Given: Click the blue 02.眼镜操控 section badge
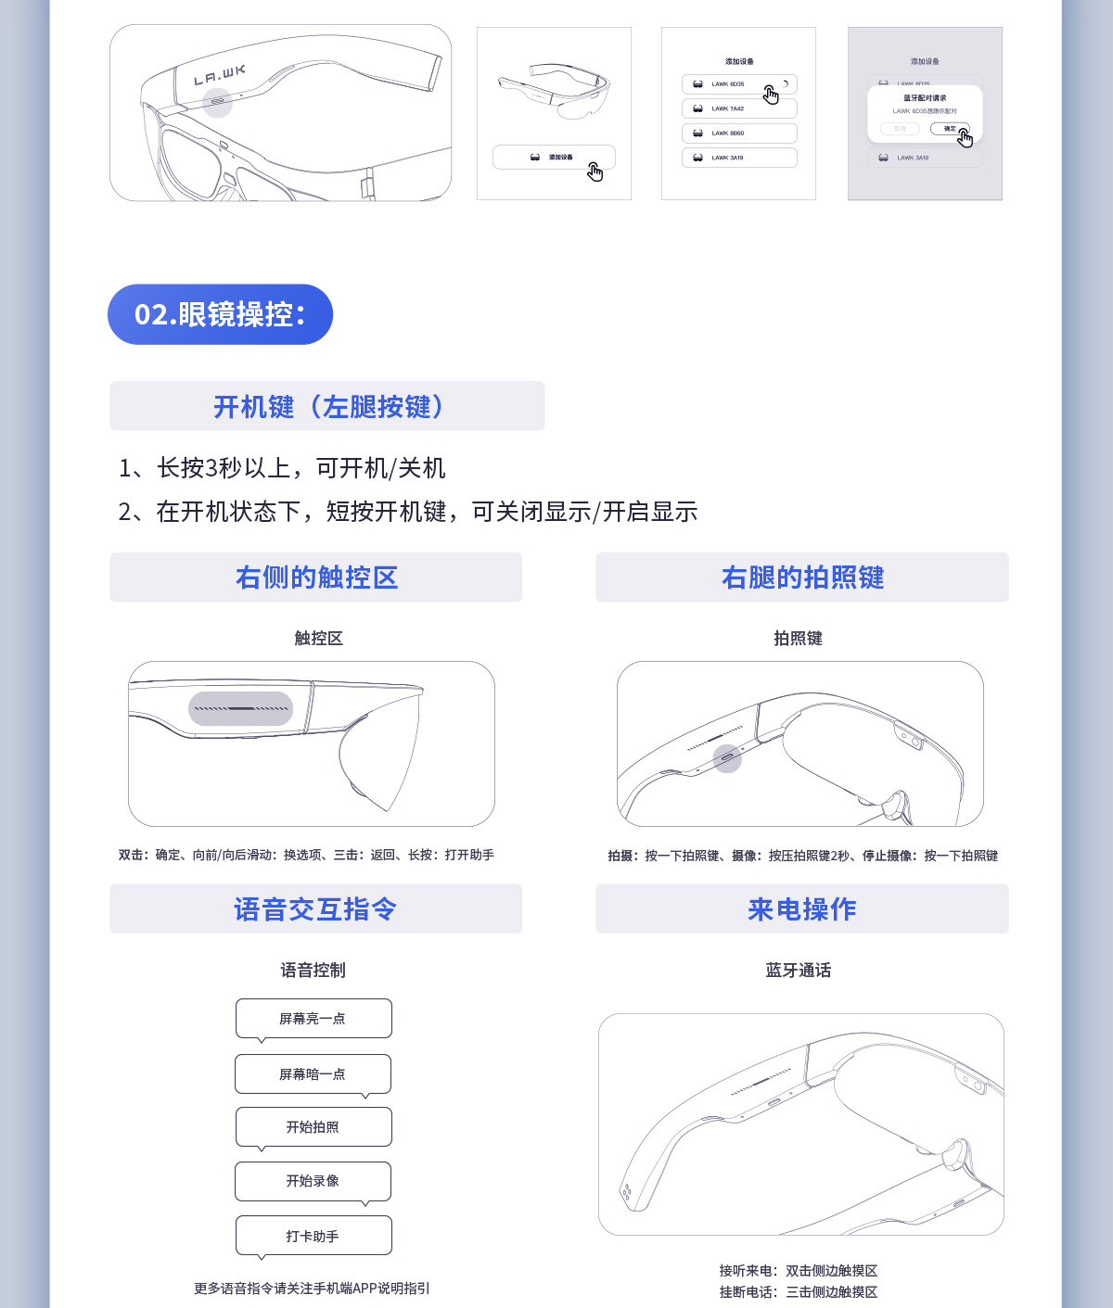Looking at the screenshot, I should (220, 314).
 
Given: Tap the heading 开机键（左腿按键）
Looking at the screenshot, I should (327, 406).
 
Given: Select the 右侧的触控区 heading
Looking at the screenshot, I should (316, 578).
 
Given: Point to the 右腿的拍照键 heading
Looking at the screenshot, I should (802, 578).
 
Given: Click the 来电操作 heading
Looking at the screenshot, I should (802, 909).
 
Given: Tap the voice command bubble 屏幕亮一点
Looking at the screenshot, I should (313, 1018).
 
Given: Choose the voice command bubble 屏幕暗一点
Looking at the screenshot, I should (313, 1073).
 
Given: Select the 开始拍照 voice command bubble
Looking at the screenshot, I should (313, 1126).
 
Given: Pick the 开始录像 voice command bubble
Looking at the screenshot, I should (313, 1180).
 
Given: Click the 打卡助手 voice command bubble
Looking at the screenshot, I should (313, 1236).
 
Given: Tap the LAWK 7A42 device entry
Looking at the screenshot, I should (738, 108).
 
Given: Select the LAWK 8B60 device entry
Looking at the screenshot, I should (738, 133).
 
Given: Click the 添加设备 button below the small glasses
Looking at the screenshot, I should (553, 158).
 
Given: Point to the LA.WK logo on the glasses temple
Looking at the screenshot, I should (220, 75).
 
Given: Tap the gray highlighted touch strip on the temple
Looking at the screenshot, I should (240, 708).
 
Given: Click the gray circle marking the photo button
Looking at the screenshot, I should (727, 758).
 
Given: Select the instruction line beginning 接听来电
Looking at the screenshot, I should (799, 1271).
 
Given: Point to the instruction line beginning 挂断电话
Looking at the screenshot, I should (799, 1292).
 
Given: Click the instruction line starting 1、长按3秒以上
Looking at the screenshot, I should (282, 468).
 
